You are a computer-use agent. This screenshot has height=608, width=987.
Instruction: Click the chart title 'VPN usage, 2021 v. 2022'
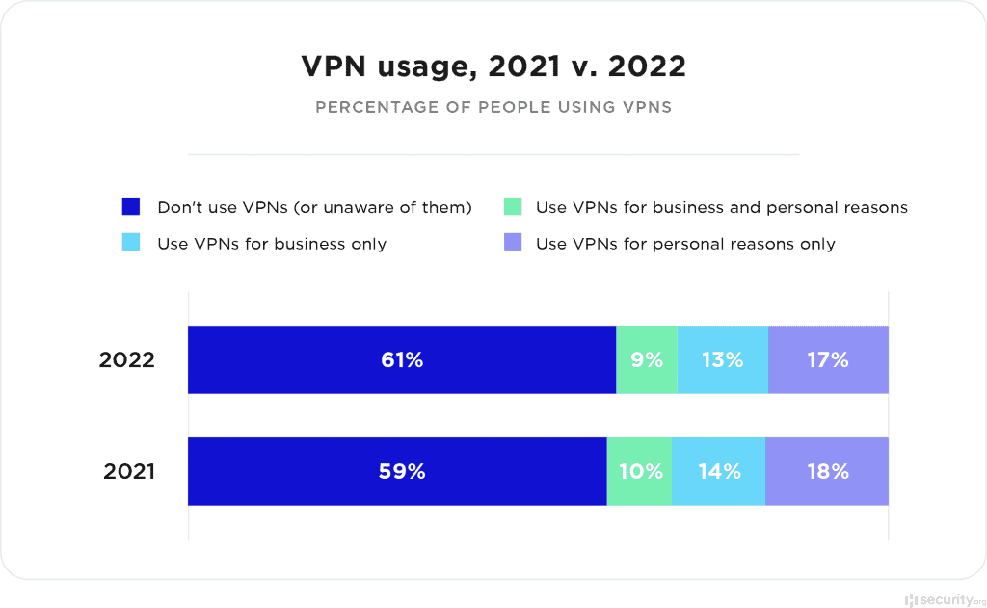click(493, 66)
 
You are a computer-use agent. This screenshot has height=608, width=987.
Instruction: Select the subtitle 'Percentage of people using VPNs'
click(493, 107)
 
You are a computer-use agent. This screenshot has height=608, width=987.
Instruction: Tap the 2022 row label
click(127, 360)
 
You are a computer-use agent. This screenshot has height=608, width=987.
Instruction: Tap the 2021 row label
click(128, 472)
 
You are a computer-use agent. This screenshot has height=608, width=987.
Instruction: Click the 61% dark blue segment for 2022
click(401, 360)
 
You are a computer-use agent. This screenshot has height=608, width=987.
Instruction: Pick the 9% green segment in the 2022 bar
click(647, 360)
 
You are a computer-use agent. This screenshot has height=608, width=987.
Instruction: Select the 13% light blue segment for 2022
click(723, 360)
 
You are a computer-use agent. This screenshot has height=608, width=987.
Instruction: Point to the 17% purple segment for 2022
click(828, 360)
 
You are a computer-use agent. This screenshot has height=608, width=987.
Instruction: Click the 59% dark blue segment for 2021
click(397, 472)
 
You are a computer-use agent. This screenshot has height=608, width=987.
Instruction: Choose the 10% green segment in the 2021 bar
click(639, 472)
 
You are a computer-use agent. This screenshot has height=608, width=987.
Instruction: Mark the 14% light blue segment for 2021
click(719, 472)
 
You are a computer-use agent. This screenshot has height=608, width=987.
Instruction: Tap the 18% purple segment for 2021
click(827, 472)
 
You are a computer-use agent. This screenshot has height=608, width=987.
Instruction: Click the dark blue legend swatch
click(131, 207)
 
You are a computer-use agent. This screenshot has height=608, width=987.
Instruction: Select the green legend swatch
click(513, 207)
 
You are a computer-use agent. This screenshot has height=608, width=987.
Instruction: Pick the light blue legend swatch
click(131, 243)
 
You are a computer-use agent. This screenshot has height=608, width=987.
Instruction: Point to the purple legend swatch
click(513, 243)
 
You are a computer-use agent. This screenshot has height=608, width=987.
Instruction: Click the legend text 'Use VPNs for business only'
click(272, 244)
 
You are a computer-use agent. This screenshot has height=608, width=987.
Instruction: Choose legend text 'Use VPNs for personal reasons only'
click(685, 244)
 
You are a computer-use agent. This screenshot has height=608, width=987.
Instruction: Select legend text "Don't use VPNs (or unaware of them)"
click(314, 207)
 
